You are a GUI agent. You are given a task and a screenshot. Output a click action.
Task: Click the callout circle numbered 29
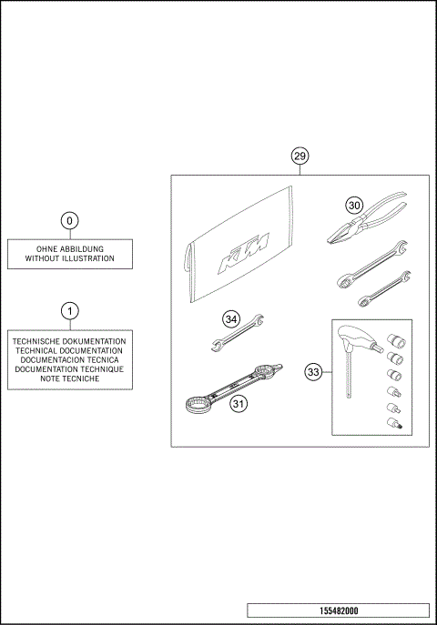tap(300, 156)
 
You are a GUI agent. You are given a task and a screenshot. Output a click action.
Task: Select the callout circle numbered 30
tap(354, 205)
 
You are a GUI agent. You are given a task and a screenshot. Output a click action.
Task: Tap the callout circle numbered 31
tap(239, 404)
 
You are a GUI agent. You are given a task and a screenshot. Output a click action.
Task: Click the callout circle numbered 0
tap(69, 220)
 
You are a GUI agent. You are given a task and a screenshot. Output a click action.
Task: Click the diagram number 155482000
tap(338, 610)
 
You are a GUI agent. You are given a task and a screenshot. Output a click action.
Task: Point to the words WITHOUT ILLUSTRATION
tap(69, 259)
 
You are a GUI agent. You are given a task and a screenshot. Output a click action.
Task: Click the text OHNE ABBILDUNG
tap(69, 249)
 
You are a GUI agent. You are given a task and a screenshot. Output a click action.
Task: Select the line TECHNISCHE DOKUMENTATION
tap(69, 340)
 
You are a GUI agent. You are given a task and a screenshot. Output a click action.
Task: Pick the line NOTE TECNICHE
tap(69, 378)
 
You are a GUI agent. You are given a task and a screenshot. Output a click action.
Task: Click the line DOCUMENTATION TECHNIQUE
tap(69, 369)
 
